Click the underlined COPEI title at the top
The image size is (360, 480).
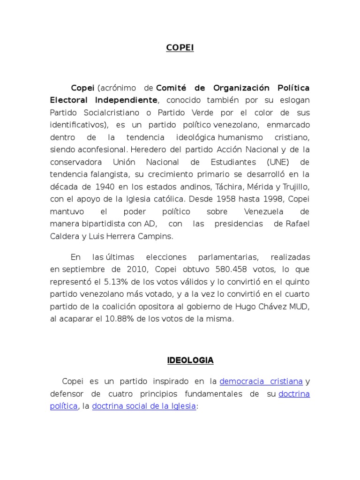pyautogui.click(x=180, y=48)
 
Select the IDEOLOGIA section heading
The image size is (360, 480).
pyautogui.click(x=190, y=360)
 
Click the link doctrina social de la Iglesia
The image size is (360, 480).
pyautogui.click(x=144, y=406)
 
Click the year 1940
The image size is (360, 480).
pyautogui.click(x=103, y=187)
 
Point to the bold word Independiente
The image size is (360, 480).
pyautogui.click(x=126, y=100)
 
